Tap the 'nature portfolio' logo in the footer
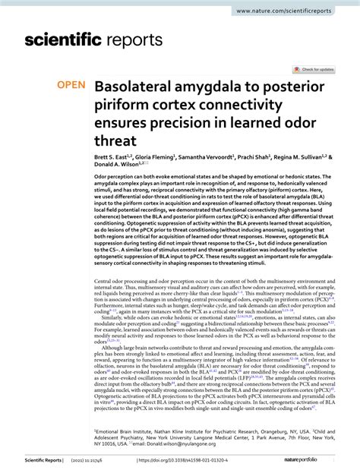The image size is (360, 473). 314,460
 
